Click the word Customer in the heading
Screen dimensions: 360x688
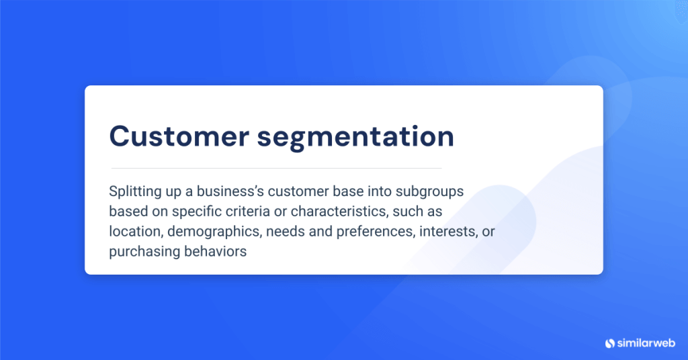[177, 136]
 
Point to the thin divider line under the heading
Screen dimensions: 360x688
[276, 167]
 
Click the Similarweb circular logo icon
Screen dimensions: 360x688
[610, 343]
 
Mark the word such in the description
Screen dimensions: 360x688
[409, 212]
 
